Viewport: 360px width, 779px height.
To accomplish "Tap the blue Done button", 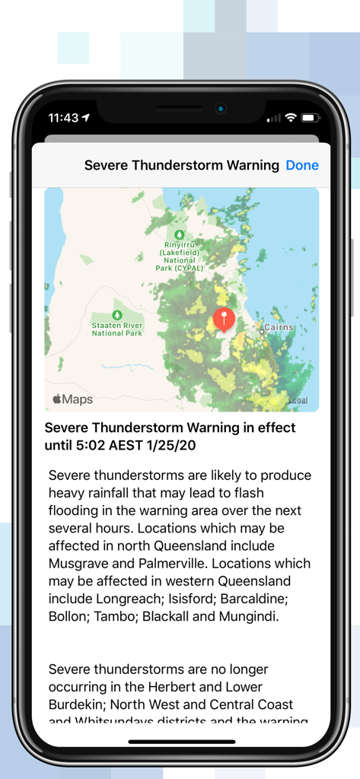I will (302, 165).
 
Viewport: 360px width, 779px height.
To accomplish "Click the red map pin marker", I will (224, 319).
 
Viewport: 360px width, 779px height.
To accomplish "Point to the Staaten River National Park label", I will (116, 329).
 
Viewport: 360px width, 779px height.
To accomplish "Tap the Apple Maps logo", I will (72, 399).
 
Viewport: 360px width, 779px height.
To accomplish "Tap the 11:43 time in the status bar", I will (63, 118).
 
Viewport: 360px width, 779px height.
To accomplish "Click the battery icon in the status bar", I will (311, 118).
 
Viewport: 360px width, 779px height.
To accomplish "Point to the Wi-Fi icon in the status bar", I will (291, 118).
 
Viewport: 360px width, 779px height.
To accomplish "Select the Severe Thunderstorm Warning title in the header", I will (181, 165).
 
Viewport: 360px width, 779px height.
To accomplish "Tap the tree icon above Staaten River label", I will (116, 315).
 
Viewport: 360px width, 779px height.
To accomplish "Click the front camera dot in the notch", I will (220, 109).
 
